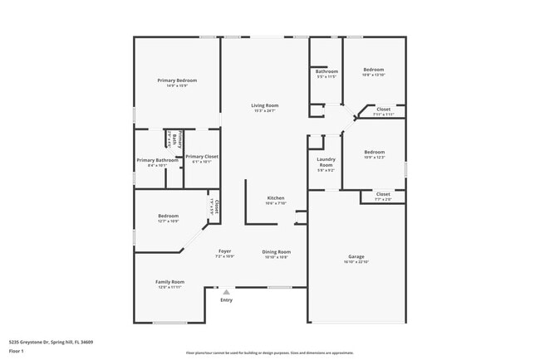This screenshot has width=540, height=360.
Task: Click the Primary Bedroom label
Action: tap(177, 80)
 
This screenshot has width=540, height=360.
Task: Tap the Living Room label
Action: tap(265, 105)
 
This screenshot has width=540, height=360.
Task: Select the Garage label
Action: tap(356, 256)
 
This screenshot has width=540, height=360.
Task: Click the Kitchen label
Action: tap(276, 198)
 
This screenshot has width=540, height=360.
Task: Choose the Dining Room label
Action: tap(276, 251)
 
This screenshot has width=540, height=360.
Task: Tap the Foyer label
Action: tap(225, 251)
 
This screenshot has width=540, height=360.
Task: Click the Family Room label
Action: tap(169, 282)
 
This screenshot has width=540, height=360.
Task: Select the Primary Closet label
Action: tap(202, 156)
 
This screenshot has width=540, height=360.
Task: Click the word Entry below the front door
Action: tap(226, 300)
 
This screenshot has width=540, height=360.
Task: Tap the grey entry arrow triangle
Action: tap(226, 292)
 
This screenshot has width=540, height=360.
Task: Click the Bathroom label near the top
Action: tap(326, 71)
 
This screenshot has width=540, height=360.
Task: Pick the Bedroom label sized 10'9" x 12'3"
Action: tap(374, 152)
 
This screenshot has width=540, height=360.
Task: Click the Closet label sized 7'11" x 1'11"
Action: tap(383, 109)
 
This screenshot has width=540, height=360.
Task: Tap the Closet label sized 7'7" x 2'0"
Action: tap(383, 194)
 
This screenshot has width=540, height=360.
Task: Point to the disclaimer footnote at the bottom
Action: tap(269, 352)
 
